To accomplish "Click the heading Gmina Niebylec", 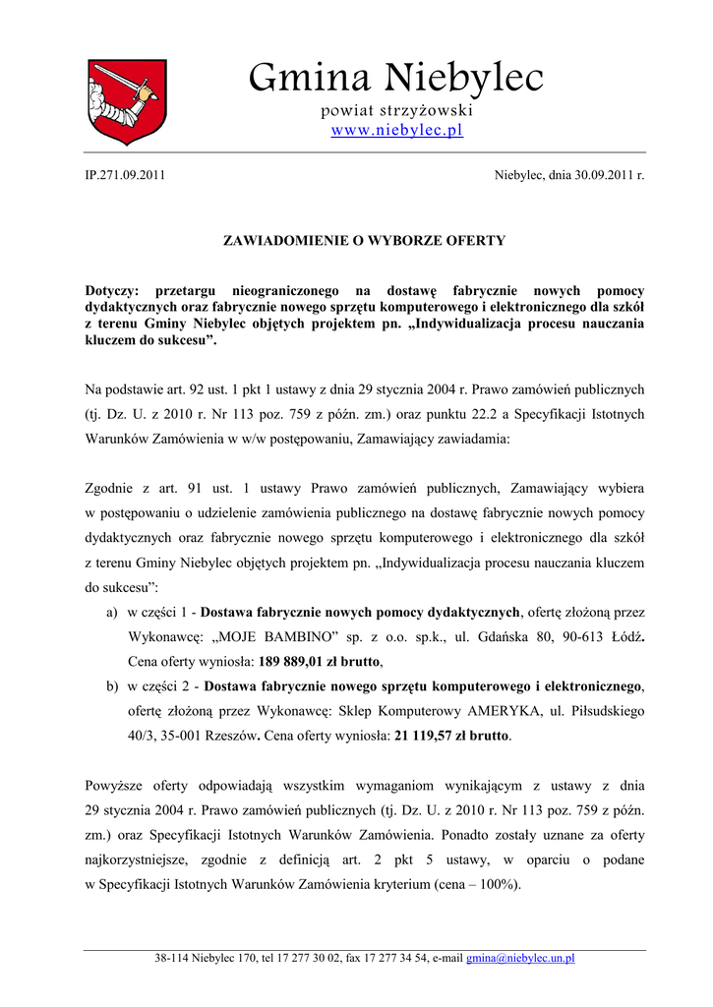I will [395, 77].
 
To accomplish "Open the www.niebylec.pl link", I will [396, 130].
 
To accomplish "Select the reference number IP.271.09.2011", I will [126, 175].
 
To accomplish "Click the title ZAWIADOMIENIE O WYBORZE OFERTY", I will [365, 240].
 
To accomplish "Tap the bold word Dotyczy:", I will [112, 291].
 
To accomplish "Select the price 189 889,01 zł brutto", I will [319, 661].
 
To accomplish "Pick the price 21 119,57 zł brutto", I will [451, 735].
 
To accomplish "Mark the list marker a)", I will [112, 612].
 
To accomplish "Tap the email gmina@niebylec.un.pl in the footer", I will [520, 958].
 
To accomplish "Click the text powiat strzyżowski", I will [396, 109].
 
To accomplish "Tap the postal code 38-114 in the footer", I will [171, 958].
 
